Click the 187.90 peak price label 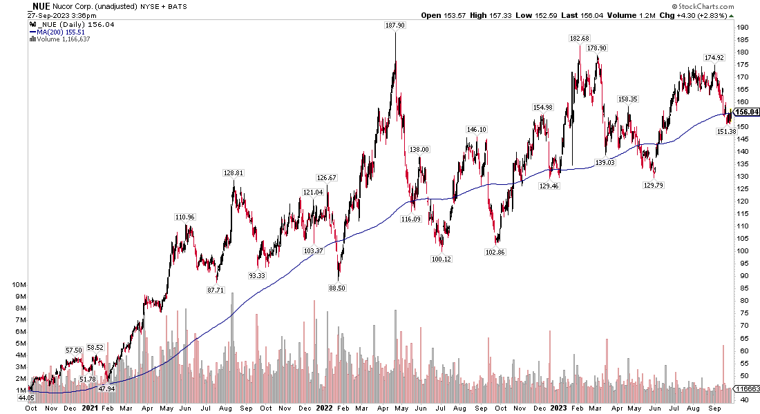[x=395, y=26]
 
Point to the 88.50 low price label [x=337, y=288]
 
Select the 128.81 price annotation [x=234, y=172]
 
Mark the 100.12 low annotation [x=440, y=259]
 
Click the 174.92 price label [x=714, y=57]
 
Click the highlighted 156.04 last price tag [x=747, y=112]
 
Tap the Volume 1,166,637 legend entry [x=61, y=39]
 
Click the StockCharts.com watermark [x=723, y=6]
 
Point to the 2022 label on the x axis [x=325, y=408]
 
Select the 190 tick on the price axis [x=742, y=28]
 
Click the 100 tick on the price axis [x=742, y=251]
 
